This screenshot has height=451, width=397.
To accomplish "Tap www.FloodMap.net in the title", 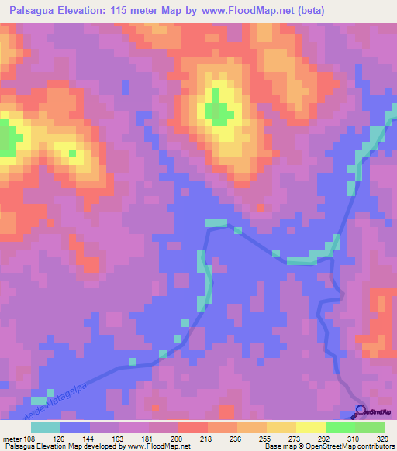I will (248, 11).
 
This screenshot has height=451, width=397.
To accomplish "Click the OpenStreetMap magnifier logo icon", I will (361, 411).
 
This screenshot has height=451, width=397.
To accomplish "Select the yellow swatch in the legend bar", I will (309, 427).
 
